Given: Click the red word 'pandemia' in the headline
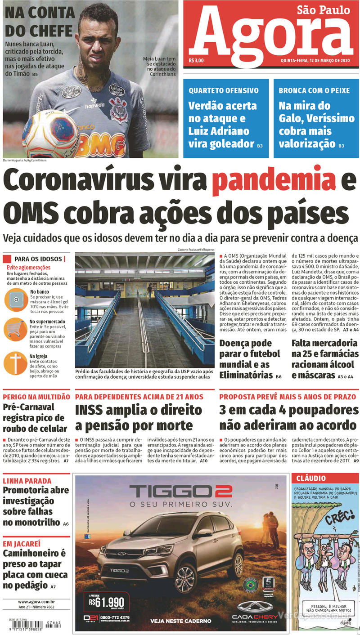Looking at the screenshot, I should pos(274,181).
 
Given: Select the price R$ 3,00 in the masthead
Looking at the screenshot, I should pos(197,61).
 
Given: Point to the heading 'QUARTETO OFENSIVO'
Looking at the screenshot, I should pos(223,90).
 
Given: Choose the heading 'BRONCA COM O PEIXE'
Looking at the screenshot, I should pos(314,90).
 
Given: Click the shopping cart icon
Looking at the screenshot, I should pos(15,329).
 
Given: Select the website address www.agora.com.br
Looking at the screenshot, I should pos(36,602).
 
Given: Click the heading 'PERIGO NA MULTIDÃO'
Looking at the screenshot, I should pos(36,397).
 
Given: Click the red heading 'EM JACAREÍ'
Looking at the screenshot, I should pos(22,543).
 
